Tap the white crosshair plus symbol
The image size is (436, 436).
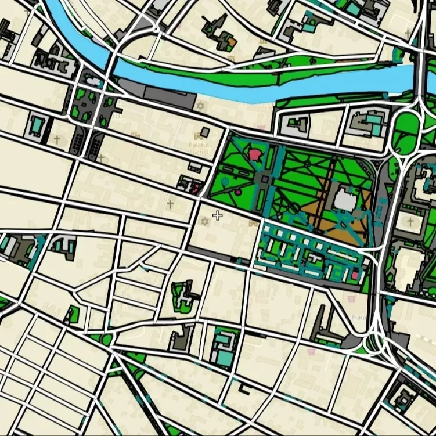click(217, 216)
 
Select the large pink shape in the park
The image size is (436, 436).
click(255, 154)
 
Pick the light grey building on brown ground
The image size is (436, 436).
click(344, 201)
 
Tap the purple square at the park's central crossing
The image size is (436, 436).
click(264, 179)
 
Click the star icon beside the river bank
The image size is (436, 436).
click(201, 106)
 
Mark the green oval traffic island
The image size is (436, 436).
click(406, 124)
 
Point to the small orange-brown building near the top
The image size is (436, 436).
click(231, 42)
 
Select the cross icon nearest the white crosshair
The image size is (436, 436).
click(170, 204)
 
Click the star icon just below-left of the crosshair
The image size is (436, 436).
click(204, 222)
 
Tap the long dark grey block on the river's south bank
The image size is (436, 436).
click(165, 96)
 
